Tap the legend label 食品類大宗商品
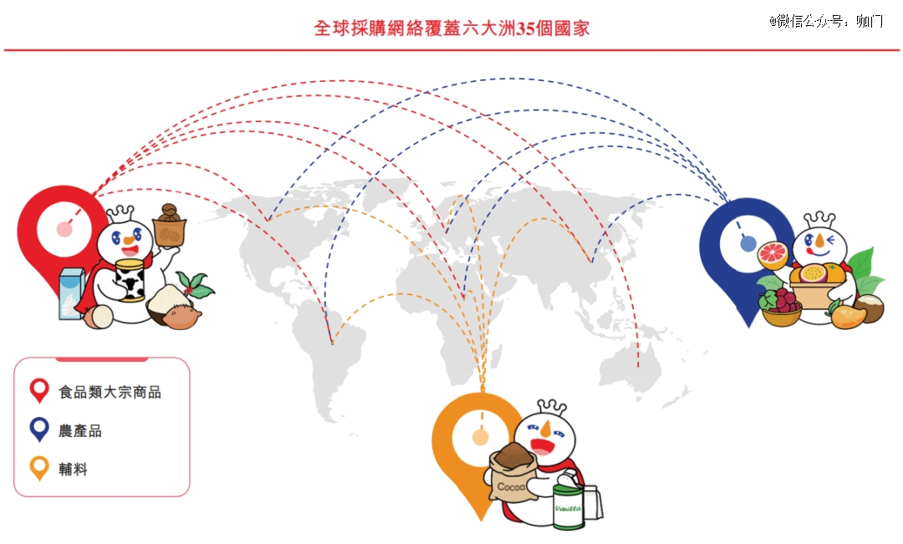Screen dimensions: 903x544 click(110, 393)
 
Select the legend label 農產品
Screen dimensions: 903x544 click(80, 430)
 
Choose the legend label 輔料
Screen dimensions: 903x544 click(73, 469)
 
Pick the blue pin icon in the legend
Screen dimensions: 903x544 click(39, 430)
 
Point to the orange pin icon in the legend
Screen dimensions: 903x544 click(39, 468)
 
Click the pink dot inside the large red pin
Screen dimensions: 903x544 click(64, 229)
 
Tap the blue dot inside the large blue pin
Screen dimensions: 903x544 click(747, 244)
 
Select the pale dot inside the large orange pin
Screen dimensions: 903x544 click(480, 438)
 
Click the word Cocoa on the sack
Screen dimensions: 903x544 click(512, 487)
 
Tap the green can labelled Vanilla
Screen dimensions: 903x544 click(568, 506)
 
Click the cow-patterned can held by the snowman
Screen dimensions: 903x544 click(130, 281)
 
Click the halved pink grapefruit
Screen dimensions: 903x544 click(773, 255)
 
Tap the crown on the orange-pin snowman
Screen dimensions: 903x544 click(551, 406)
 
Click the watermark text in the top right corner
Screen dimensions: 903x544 click(826, 21)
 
